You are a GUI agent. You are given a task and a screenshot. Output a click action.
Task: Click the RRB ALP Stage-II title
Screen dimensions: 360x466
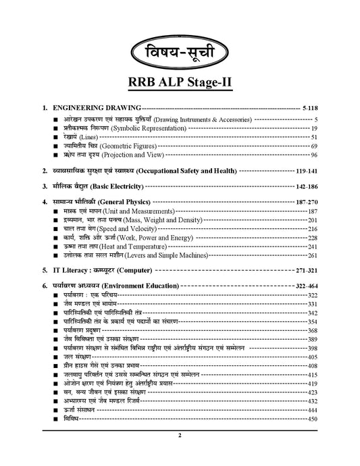[180, 82]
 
